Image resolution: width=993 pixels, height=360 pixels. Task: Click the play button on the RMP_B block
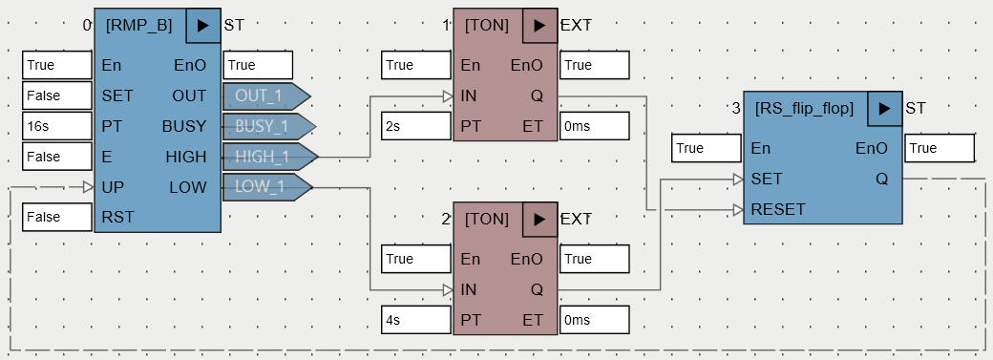[x=201, y=26]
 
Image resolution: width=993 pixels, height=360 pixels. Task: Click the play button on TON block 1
[x=539, y=26]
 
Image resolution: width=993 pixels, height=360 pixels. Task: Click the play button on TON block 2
[x=539, y=220]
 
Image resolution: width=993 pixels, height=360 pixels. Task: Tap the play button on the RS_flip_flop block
[x=884, y=109]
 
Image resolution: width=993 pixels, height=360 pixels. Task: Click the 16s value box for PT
[x=56, y=126]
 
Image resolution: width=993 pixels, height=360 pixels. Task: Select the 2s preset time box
[x=416, y=126]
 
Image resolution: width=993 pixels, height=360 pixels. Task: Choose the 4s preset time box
[x=416, y=320]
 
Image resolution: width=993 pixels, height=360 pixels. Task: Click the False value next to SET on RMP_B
[x=56, y=95]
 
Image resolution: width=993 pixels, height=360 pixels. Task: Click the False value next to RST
[x=56, y=217]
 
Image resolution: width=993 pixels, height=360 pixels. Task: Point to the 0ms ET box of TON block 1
[x=595, y=126]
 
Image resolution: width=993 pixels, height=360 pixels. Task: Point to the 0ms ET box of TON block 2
[x=595, y=320]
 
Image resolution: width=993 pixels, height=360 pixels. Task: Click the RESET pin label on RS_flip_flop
[x=778, y=209]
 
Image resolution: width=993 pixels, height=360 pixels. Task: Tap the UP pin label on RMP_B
[x=112, y=187]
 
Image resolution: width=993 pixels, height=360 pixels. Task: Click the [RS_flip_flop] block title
[x=804, y=109]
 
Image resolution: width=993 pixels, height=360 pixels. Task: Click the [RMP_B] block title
[x=139, y=26]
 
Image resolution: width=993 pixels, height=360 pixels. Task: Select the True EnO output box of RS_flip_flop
[x=940, y=148]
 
